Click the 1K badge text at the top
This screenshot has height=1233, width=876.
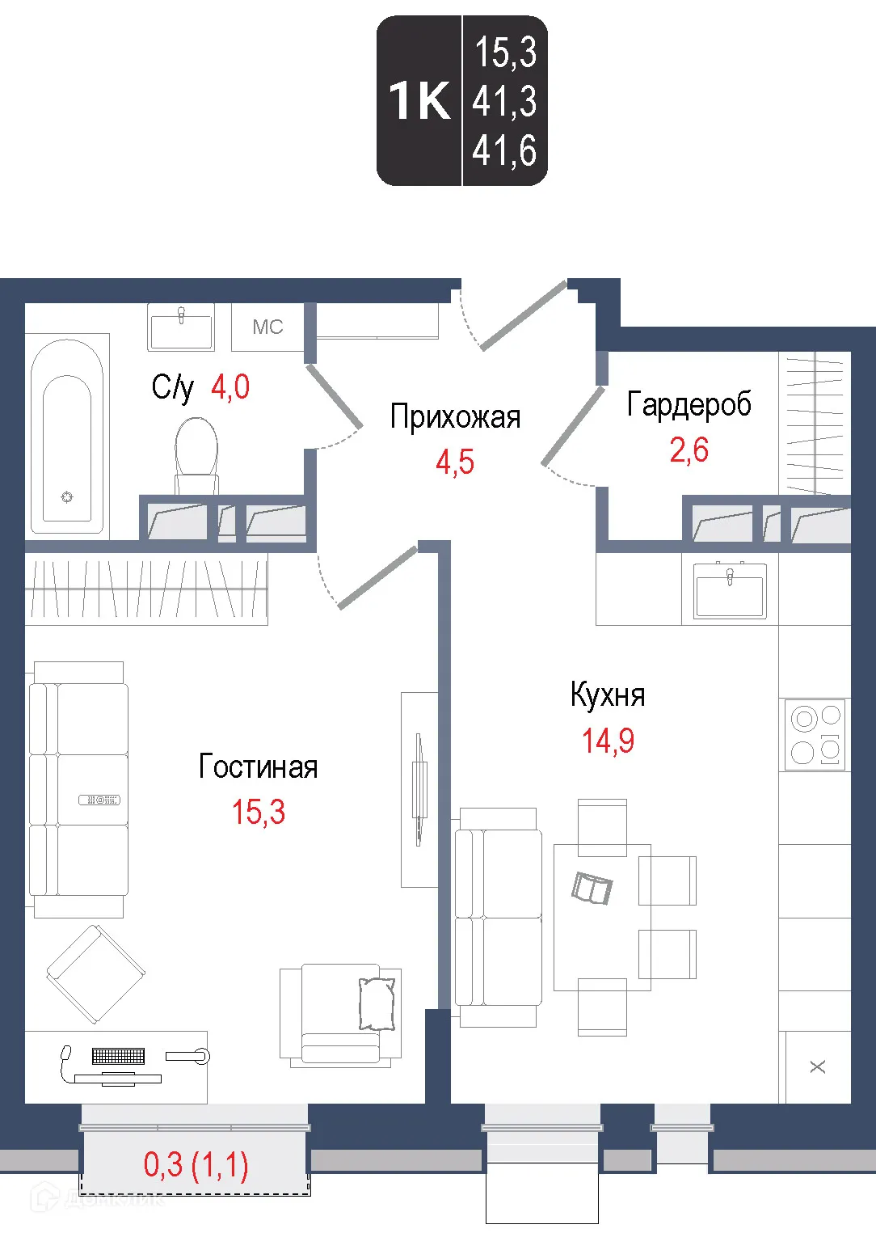419,101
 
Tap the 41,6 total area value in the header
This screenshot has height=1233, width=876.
505,151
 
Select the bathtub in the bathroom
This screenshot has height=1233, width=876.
67,437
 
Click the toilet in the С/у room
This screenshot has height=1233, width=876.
196,453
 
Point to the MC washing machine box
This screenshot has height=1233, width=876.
267,327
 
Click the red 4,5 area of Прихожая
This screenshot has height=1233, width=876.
455,462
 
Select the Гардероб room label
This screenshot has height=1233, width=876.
689,404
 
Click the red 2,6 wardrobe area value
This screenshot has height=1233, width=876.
689,450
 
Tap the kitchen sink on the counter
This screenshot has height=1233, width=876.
730,590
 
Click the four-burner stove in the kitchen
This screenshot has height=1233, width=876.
815,735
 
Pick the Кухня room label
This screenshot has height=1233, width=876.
608,695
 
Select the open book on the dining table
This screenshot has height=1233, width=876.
592,888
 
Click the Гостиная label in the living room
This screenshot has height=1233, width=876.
258,766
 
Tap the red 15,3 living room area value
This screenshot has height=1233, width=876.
259,812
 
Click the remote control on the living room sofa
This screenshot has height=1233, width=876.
99,800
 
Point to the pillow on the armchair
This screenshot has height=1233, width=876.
377,1003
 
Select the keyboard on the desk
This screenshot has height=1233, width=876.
118,1055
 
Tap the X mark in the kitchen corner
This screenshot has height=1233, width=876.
818,1066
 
